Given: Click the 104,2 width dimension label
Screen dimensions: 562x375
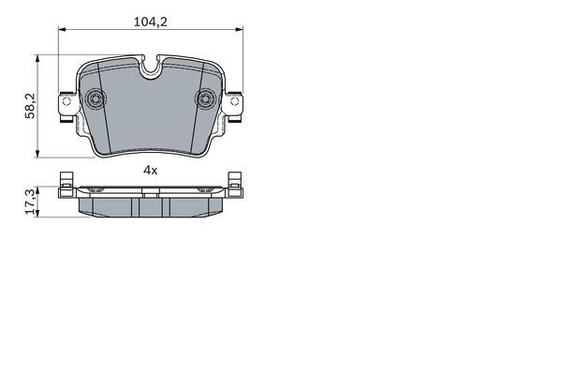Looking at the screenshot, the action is pyautogui.click(x=151, y=22).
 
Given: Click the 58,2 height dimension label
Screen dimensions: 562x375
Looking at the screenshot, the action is pyautogui.click(x=30, y=106).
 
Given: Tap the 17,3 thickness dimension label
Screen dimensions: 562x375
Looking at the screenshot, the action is pyautogui.click(x=31, y=202).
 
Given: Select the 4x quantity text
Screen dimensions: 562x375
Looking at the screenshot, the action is pyautogui.click(x=151, y=170).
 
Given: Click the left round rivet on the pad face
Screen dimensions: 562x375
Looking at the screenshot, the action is pyautogui.click(x=96, y=97).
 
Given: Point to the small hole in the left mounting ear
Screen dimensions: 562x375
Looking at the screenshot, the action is pyautogui.click(x=67, y=101).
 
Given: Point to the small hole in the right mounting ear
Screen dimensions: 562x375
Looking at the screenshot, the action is pyautogui.click(x=234, y=101).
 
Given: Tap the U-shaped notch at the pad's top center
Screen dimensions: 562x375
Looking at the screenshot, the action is pyautogui.click(x=151, y=69).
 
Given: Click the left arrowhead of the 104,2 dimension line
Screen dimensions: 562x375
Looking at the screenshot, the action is pyautogui.click(x=62, y=29).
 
